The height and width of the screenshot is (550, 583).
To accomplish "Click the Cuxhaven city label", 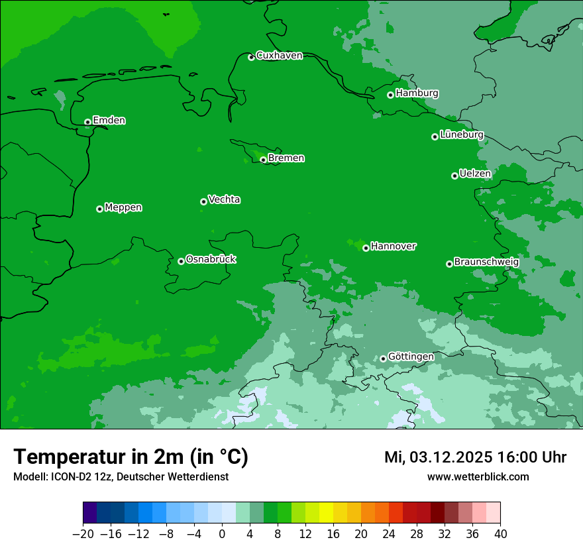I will (x=279, y=56).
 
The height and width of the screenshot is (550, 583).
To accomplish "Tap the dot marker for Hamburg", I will (x=390, y=95).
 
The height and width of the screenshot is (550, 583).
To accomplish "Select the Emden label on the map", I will (x=109, y=121).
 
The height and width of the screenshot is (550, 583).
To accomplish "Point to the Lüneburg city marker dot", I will (x=435, y=137).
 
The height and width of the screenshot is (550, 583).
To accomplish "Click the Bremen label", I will (x=286, y=158).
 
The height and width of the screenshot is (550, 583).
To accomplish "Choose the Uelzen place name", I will (x=475, y=174).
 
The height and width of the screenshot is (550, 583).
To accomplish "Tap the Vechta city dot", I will (x=203, y=201).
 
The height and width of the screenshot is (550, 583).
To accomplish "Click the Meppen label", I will (x=123, y=208).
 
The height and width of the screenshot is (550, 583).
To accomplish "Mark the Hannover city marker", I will (x=366, y=248).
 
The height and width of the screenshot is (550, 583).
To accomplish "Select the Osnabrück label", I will (x=211, y=260).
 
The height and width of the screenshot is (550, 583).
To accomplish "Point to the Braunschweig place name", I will (x=486, y=262).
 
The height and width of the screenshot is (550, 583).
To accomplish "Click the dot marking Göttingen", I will (x=383, y=358).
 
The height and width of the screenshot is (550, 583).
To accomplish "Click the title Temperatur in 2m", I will (x=131, y=457).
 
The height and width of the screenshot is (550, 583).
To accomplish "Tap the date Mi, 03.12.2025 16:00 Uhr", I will (x=475, y=457).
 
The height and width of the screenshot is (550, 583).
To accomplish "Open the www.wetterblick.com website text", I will (x=478, y=477).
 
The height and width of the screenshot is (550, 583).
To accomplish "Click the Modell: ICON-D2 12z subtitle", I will (x=121, y=477).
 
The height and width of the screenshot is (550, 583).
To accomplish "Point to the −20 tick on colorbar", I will (x=83, y=534).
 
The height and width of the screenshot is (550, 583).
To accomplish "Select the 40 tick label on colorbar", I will (x=500, y=534).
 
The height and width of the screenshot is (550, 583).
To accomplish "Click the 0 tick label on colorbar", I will (x=222, y=534).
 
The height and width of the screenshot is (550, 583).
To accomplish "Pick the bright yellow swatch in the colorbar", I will (x=326, y=513).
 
